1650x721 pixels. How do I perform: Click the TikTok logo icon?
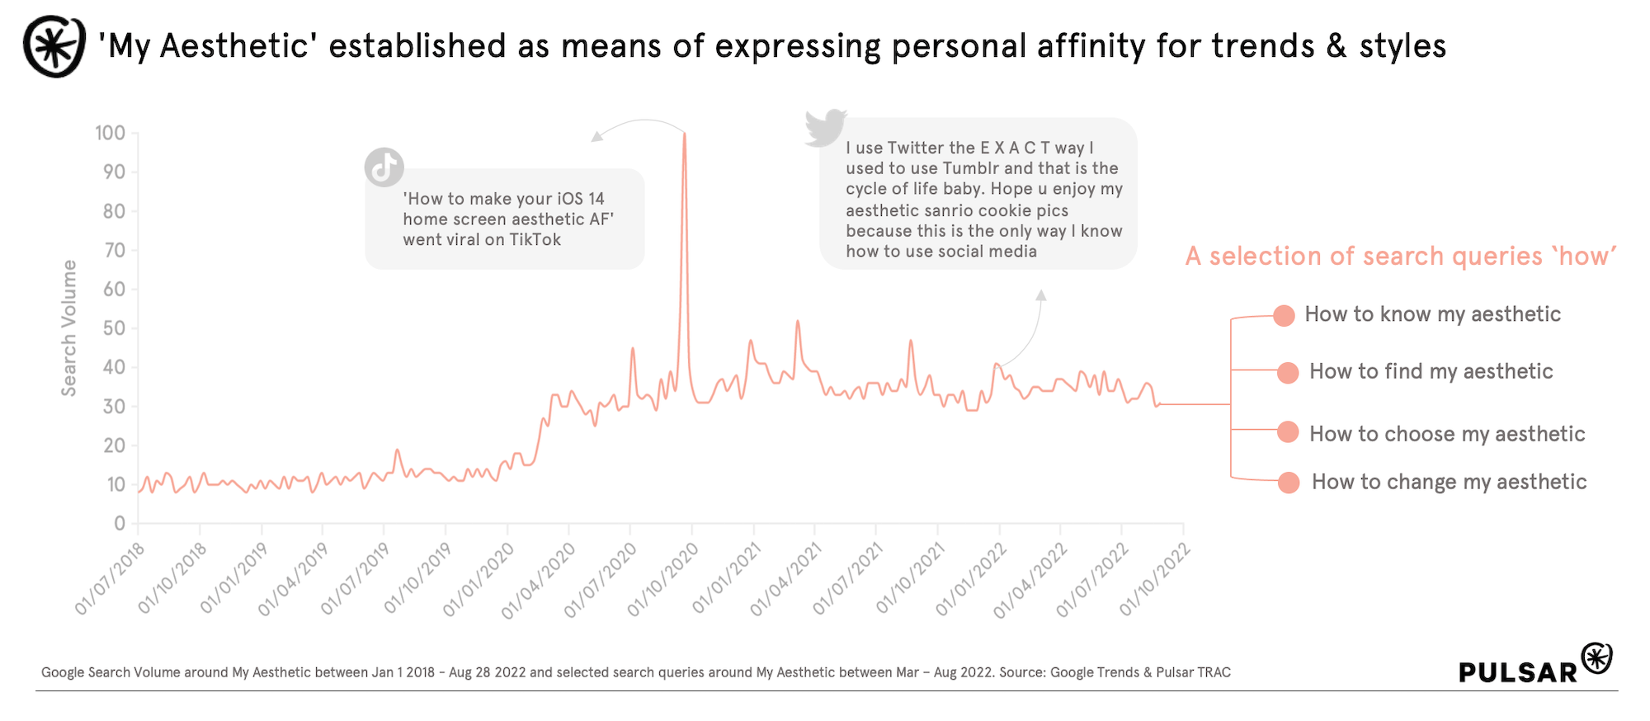pos(384,167)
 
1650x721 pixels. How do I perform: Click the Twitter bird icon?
pos(826,128)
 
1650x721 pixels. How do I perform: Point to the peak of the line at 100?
pos(684,134)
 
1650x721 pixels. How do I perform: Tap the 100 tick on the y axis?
pos(110,133)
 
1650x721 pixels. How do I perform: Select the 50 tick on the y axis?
pos(114,328)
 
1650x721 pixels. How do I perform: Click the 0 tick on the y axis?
pos(120,523)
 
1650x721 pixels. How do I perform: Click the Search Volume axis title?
pos(69,328)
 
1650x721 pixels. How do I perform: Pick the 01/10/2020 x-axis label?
pos(663,580)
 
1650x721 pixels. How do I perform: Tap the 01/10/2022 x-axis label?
pos(1155,580)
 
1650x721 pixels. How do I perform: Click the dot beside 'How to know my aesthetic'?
pos(1284,316)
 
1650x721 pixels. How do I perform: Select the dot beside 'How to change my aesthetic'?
pos(1288,483)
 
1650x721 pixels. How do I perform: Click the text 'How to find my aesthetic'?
pos(1431,371)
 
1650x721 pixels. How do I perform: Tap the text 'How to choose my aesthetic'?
pos(1447,434)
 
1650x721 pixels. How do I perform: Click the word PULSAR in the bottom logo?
pos(1517,672)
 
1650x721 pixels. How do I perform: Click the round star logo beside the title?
pos(54,46)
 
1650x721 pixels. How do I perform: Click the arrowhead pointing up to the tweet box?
pos(1041,295)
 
